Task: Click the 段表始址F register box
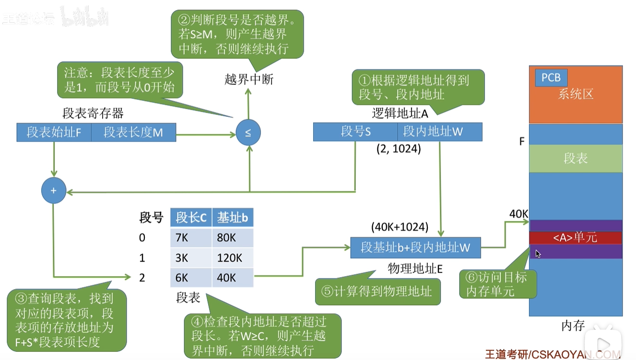coord(54,132)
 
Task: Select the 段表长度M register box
coord(133,132)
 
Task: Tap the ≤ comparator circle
coord(248,133)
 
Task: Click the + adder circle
coord(53,190)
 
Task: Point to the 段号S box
coord(355,132)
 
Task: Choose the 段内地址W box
coord(439,132)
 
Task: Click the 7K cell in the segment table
coord(191,238)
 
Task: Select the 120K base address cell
coord(232,258)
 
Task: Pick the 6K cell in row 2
coord(191,278)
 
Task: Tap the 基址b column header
coord(232,218)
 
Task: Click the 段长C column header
coord(191,218)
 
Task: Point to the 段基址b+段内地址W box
coord(415,247)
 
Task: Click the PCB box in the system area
coord(551,78)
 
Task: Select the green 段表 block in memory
coord(576,159)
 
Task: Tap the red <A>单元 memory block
coord(576,238)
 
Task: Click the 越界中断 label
coord(249,80)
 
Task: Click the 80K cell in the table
coord(232,238)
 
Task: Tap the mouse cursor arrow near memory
coord(538,254)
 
